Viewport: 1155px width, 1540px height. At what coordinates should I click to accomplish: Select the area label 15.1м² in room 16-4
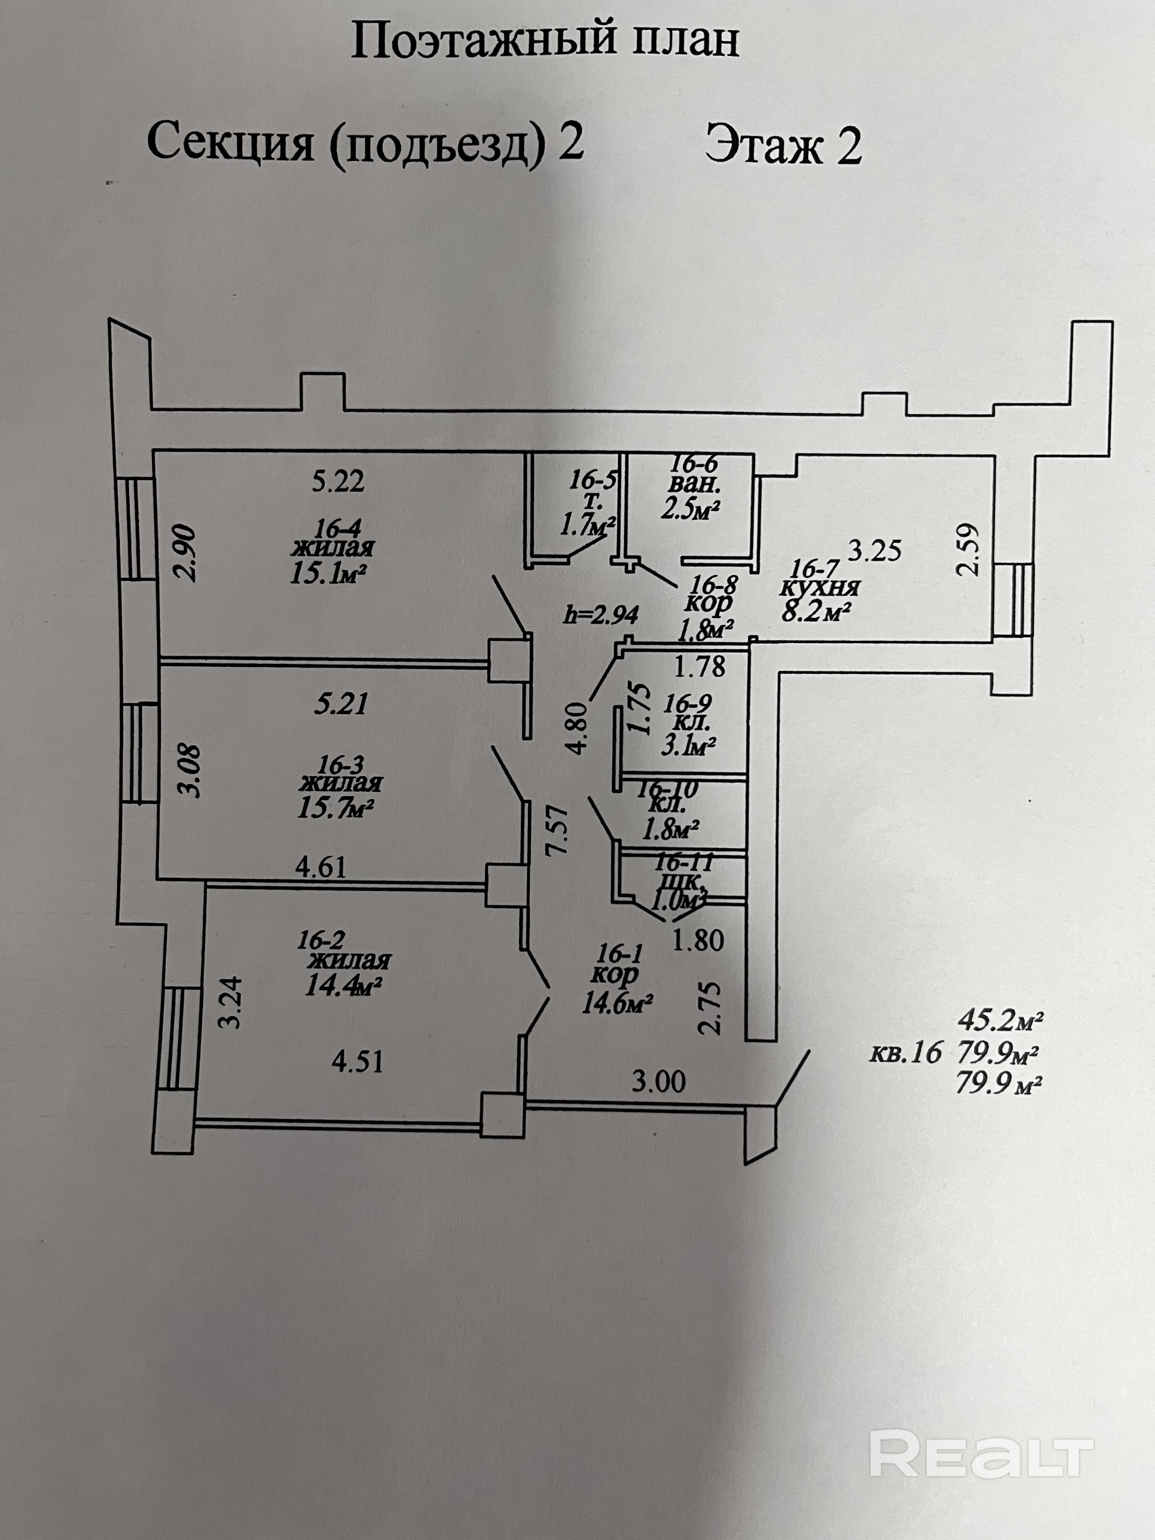pos(327,574)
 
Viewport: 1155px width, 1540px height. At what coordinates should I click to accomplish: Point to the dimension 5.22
pos(338,481)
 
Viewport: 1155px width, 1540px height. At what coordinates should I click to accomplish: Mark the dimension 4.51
pos(357,1063)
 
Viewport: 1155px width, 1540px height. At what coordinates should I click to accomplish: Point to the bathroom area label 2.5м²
pos(690,510)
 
